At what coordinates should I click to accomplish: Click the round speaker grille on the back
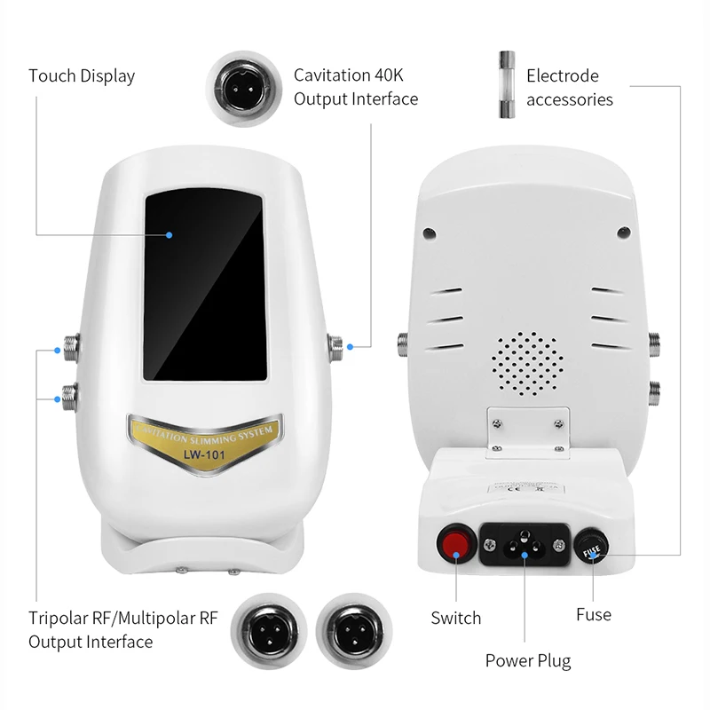(528, 363)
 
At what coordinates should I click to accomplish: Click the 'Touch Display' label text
(82, 75)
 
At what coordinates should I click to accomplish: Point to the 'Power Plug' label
(527, 660)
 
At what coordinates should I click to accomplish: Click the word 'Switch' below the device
(456, 618)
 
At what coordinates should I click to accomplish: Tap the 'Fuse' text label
(593, 613)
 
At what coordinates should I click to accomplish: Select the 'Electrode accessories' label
(570, 87)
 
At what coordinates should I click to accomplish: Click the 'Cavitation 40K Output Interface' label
(356, 87)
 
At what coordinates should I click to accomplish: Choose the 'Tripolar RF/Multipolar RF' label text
(122, 618)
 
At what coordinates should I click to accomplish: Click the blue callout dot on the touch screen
(169, 235)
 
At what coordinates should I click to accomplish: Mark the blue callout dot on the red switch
(455, 556)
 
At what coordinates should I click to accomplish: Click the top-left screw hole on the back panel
(429, 233)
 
